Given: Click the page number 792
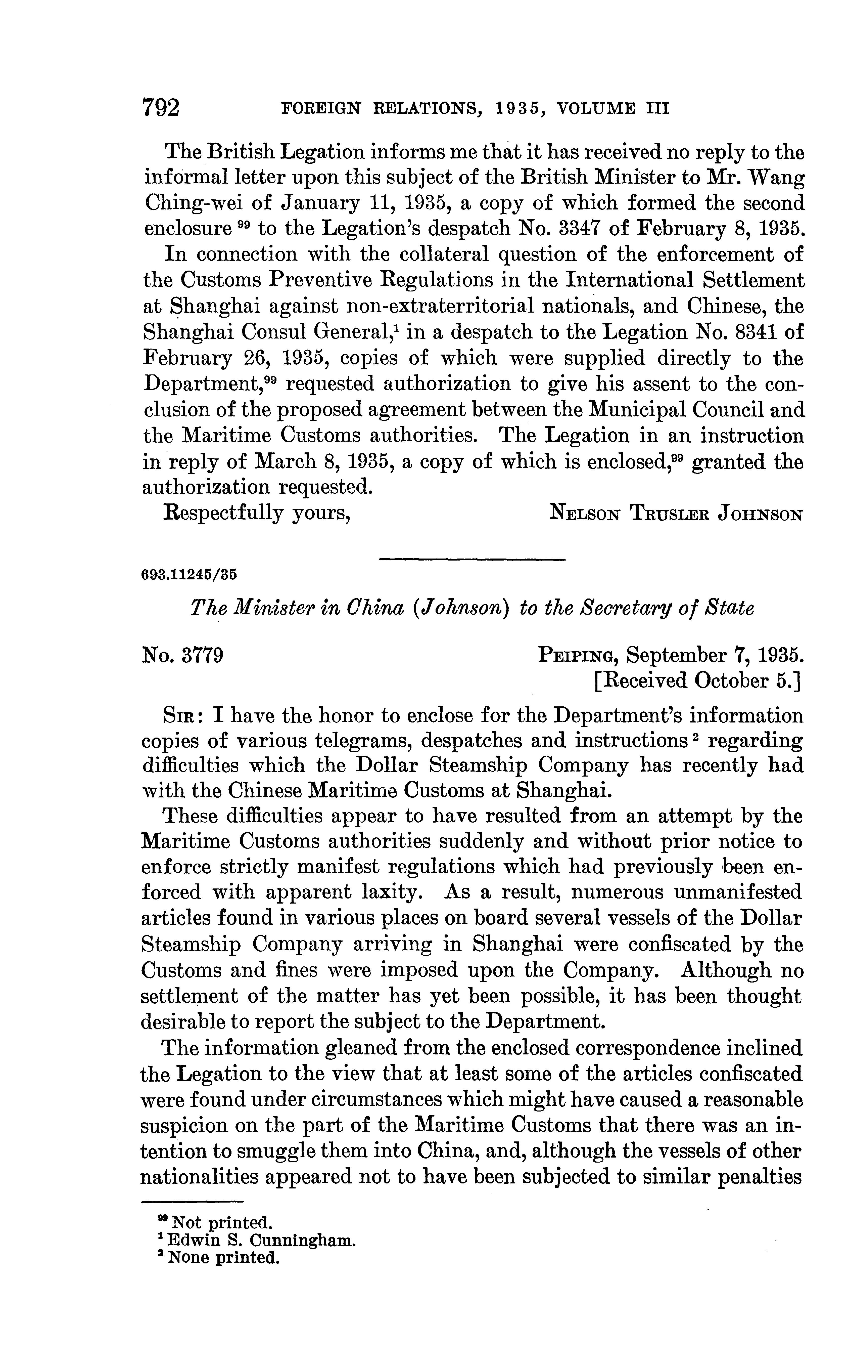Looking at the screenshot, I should (x=162, y=107).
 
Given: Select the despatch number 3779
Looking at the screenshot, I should (x=203, y=654).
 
